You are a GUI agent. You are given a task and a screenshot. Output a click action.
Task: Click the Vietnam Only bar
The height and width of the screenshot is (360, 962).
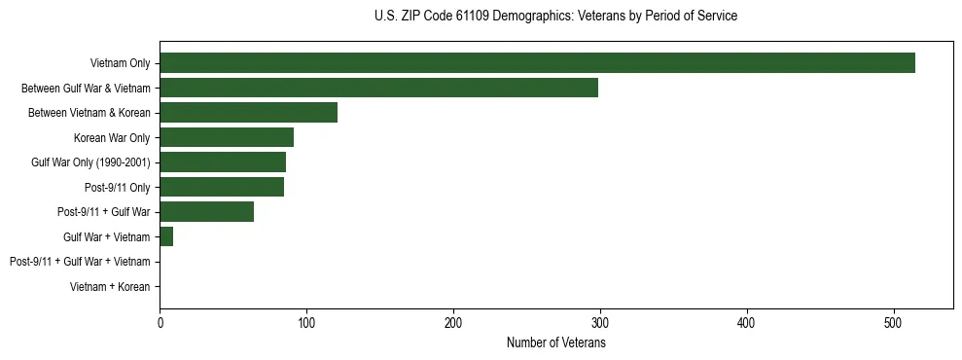(x=537, y=63)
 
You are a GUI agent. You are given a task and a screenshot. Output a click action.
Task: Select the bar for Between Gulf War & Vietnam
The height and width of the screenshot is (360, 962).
(x=378, y=89)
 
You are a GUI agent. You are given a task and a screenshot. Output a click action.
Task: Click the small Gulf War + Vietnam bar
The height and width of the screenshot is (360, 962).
(x=166, y=236)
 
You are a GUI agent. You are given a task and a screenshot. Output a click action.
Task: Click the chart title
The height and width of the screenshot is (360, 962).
(x=555, y=17)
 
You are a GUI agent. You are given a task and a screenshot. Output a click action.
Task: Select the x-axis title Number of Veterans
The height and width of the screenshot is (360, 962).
(x=555, y=342)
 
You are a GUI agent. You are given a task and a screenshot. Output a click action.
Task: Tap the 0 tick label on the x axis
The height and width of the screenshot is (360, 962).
(x=160, y=323)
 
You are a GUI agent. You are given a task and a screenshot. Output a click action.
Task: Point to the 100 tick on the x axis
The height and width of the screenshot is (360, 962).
(x=306, y=323)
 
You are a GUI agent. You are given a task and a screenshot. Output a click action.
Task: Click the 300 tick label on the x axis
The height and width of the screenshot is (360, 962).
(x=600, y=323)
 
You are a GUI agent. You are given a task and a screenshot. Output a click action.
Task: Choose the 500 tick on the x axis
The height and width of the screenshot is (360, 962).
(x=894, y=323)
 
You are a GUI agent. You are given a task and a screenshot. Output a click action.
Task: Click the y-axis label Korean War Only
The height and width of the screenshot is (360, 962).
(x=112, y=138)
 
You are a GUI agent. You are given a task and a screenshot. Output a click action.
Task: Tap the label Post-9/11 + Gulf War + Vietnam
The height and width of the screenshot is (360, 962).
(x=80, y=262)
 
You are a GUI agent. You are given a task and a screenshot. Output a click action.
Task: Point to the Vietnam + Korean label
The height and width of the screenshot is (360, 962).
(x=110, y=287)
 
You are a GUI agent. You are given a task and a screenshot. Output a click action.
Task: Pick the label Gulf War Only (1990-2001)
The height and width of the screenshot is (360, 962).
(x=90, y=162)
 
